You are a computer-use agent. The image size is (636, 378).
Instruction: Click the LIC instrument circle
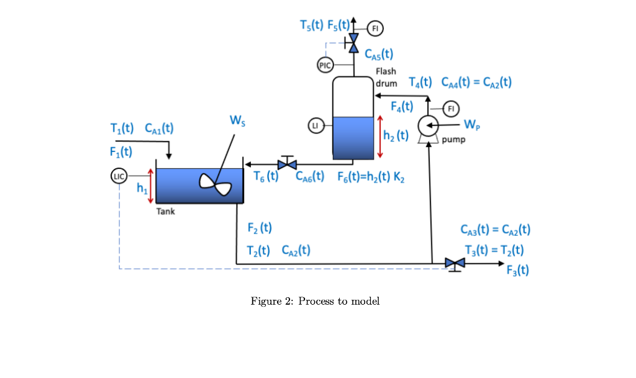click(x=119, y=176)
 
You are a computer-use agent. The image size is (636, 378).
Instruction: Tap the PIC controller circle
click(x=325, y=65)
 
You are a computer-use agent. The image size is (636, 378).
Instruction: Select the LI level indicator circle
click(x=316, y=125)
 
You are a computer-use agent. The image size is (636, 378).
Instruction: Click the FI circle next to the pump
click(x=451, y=109)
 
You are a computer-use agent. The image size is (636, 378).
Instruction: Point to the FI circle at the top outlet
click(x=375, y=29)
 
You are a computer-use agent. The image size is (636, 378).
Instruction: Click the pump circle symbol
click(x=428, y=125)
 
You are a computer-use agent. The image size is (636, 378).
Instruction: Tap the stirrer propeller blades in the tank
click(x=215, y=185)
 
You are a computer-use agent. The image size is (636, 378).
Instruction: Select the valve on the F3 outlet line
click(x=455, y=264)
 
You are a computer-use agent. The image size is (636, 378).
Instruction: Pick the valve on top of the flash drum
click(x=353, y=43)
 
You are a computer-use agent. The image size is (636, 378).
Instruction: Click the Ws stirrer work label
click(x=237, y=120)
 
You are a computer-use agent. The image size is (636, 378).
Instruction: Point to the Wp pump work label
click(x=472, y=124)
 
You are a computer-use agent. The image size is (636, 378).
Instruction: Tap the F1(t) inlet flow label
click(x=121, y=152)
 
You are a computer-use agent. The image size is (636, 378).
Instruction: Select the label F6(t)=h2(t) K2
click(x=371, y=177)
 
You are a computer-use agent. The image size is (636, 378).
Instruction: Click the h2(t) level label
click(x=396, y=135)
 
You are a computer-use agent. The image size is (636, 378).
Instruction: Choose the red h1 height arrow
click(x=150, y=186)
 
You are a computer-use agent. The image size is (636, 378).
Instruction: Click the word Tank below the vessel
click(x=165, y=212)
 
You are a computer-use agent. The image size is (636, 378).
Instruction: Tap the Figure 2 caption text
click(x=315, y=302)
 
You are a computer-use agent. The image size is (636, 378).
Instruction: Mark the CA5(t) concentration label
click(x=379, y=54)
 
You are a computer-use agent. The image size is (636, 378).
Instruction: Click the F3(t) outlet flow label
click(x=517, y=270)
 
